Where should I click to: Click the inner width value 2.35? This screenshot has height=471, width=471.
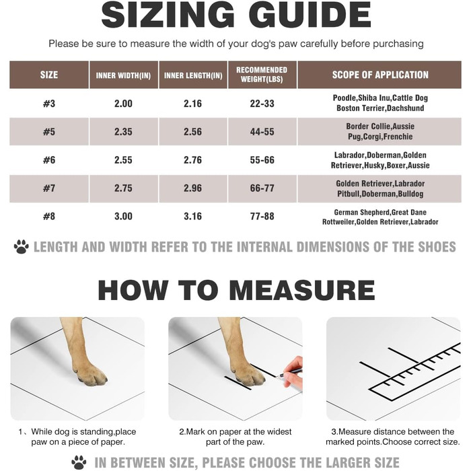123,132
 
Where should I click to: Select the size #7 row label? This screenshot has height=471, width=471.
49,188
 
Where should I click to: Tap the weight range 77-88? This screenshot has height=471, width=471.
262,216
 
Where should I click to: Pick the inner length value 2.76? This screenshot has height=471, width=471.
192,160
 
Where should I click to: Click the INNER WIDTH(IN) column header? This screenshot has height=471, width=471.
123,75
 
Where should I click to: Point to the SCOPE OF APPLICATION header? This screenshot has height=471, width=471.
380,75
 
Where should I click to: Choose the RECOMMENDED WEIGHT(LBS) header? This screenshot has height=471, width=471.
262,75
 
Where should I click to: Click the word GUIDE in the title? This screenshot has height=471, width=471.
310,15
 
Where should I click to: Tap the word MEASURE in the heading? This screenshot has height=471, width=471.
302,290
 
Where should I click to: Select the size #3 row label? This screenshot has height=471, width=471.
49,104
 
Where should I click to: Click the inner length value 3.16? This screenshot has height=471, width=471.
192,216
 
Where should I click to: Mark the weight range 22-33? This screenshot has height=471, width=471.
262,104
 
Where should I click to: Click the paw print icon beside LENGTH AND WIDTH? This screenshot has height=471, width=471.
22,247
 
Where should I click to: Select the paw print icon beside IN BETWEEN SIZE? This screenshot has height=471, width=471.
79,462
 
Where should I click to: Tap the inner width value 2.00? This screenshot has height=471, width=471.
123,104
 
